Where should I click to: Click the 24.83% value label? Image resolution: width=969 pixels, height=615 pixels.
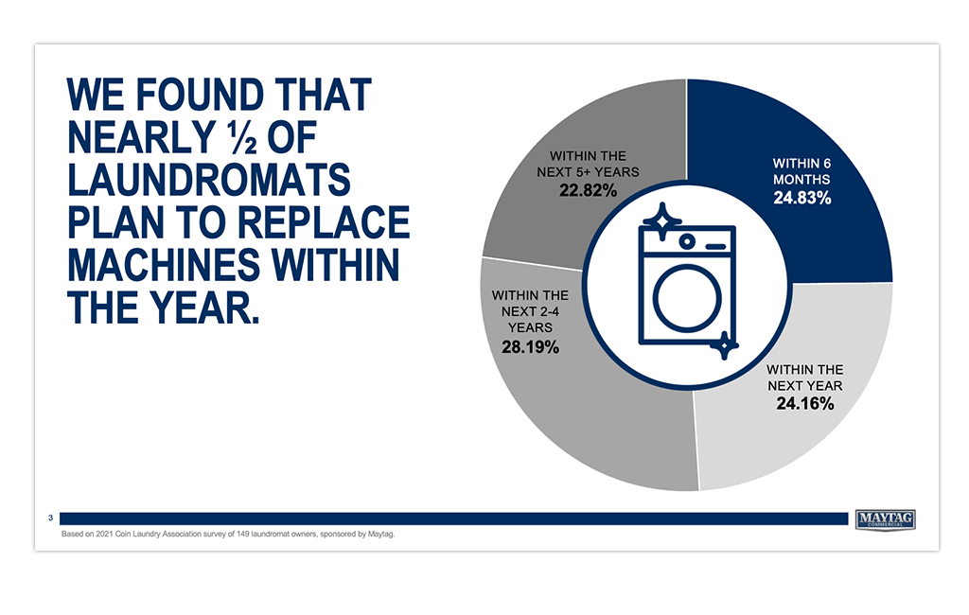(802, 198)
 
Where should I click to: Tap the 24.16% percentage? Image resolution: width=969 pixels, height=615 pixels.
(805, 404)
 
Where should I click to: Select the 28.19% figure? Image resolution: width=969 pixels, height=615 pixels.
(530, 346)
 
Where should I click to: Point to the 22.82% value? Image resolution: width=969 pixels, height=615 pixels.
(589, 190)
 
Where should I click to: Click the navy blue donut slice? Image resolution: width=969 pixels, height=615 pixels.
(822, 154)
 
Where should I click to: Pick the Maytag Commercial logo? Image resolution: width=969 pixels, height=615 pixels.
(886, 519)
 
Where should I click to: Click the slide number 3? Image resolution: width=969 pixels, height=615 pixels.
(51, 518)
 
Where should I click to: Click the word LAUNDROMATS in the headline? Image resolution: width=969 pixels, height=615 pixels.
(209, 180)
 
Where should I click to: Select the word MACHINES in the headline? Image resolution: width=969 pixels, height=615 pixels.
(165, 265)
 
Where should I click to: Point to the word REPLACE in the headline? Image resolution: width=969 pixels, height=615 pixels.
(324, 222)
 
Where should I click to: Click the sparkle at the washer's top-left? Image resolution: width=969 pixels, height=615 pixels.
(661, 220)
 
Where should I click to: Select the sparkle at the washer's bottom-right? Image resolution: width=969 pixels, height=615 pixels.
(724, 345)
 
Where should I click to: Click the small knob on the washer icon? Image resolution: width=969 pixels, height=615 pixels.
(687, 241)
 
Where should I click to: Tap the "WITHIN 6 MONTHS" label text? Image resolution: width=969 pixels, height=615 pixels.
(802, 171)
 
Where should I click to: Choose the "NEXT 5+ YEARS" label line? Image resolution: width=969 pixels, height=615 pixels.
(589, 172)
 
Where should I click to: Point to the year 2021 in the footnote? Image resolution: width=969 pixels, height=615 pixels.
(105, 534)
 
